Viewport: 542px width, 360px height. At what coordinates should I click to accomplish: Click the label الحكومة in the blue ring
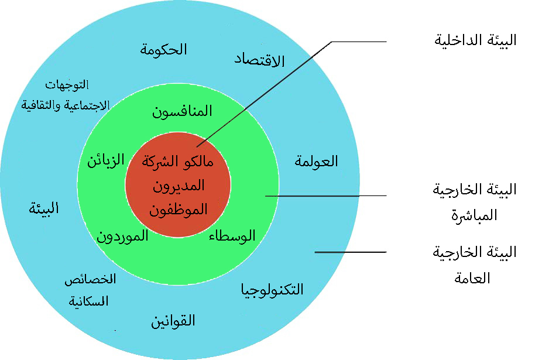163,49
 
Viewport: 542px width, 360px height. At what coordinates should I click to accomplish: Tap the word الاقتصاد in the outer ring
259,60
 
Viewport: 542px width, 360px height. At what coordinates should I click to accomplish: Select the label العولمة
317,162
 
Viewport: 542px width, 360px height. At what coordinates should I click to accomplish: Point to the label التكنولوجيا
273,289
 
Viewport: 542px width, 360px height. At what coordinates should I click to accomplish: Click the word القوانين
173,321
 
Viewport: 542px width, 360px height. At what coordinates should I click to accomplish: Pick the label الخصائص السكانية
90,290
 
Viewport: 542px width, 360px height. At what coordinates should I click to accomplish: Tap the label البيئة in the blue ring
44,208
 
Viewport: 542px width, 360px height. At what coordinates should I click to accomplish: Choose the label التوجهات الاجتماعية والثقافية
65,95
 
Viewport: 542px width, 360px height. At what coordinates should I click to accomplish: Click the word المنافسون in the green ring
182,111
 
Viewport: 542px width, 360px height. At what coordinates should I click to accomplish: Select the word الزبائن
106,161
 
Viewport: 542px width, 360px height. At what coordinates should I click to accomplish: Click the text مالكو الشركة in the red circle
178,162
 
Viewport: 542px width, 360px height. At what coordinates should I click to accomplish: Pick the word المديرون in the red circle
179,186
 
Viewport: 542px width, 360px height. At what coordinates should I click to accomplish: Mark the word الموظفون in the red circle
179,210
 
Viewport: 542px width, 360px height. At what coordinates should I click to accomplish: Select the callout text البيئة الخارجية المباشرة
475,202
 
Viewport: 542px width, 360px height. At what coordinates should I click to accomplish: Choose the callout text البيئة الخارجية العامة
475,265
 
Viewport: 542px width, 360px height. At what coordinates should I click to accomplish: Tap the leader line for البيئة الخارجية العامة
351,252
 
